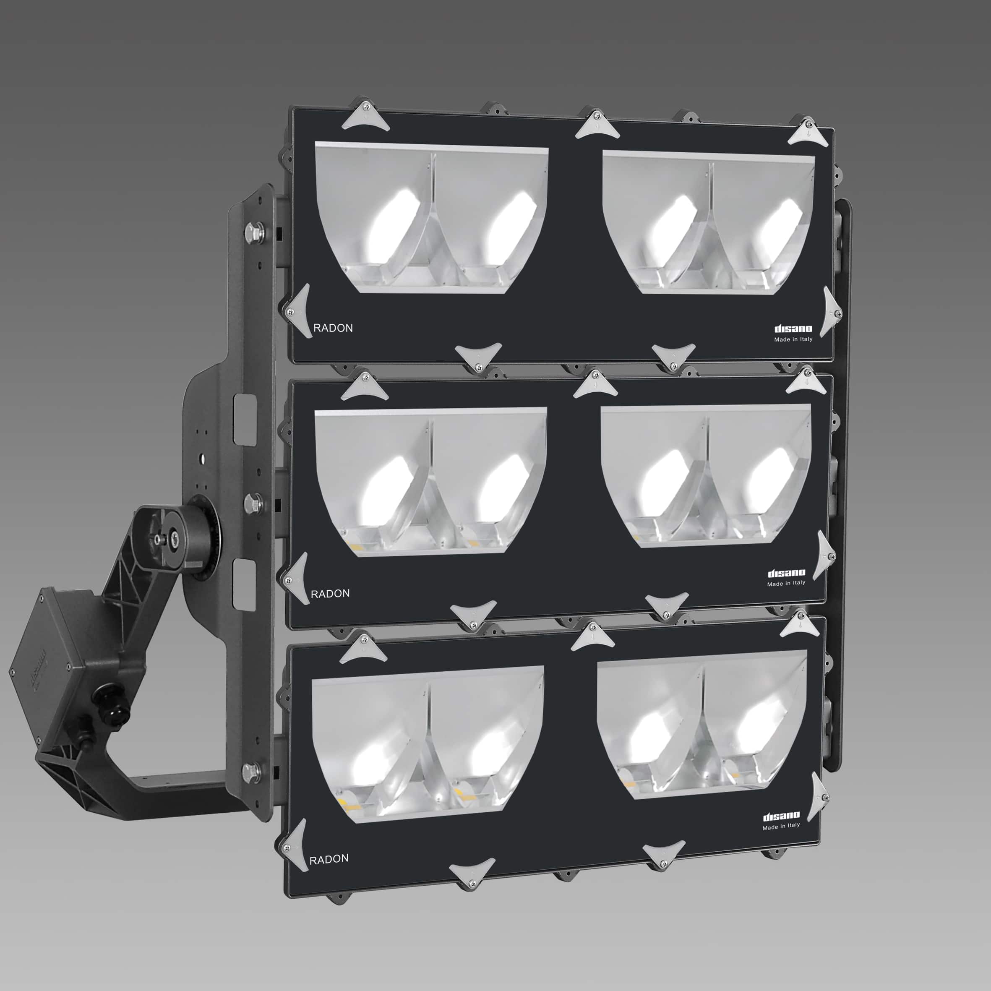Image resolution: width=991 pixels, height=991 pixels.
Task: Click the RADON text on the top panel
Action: point(333,328)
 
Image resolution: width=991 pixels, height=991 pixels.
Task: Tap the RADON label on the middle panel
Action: point(330,594)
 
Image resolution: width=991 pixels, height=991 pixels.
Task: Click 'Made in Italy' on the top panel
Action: point(793,339)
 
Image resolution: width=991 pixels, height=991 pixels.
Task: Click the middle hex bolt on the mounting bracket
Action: point(253,504)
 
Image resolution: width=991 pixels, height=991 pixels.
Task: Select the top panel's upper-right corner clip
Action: point(807,132)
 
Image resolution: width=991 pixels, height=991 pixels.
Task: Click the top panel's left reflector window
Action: point(431,218)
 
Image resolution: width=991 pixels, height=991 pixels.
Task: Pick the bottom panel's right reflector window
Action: point(702,723)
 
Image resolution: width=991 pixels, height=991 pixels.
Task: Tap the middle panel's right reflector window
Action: point(705,475)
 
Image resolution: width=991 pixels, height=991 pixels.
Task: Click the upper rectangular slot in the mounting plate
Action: point(245,417)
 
